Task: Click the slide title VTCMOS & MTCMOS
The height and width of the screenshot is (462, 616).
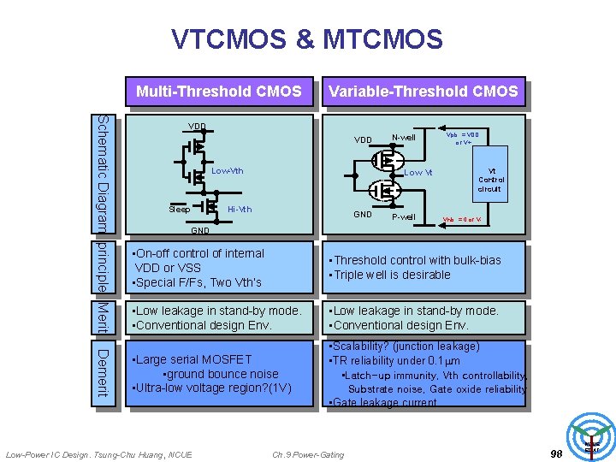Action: click(x=307, y=39)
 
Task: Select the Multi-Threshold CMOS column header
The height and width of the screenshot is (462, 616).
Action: click(x=219, y=92)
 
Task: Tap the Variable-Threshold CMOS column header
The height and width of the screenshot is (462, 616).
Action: click(x=423, y=92)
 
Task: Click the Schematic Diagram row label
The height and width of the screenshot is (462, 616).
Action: click(x=103, y=173)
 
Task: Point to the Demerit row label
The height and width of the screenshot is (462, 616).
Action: click(x=103, y=372)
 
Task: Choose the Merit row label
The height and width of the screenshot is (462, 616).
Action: click(x=103, y=317)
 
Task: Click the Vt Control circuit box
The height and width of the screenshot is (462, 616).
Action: click(x=489, y=180)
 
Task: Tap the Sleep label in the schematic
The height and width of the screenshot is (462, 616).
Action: click(x=179, y=210)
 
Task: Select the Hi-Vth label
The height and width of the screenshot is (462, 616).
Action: click(x=240, y=210)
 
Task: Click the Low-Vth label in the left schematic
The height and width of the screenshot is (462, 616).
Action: click(x=227, y=171)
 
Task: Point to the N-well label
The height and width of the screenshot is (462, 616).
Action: click(x=403, y=138)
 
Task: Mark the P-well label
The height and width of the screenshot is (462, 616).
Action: click(x=403, y=216)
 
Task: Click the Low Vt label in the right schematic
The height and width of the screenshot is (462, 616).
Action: click(x=418, y=173)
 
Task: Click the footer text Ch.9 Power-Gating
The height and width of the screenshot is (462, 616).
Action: click(x=308, y=454)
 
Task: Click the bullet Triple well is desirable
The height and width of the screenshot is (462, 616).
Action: click(x=392, y=275)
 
